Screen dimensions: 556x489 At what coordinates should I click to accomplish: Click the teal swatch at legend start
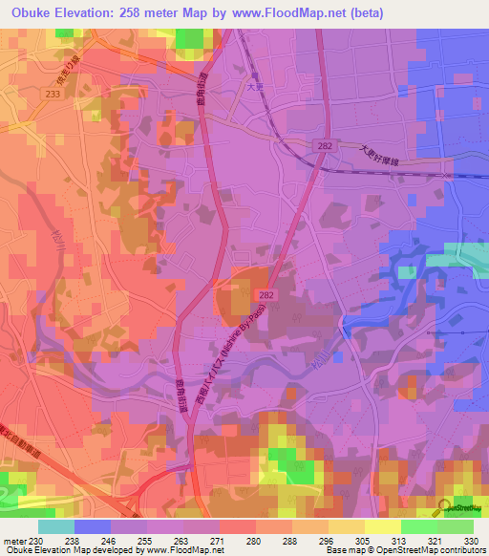tap(56, 525)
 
